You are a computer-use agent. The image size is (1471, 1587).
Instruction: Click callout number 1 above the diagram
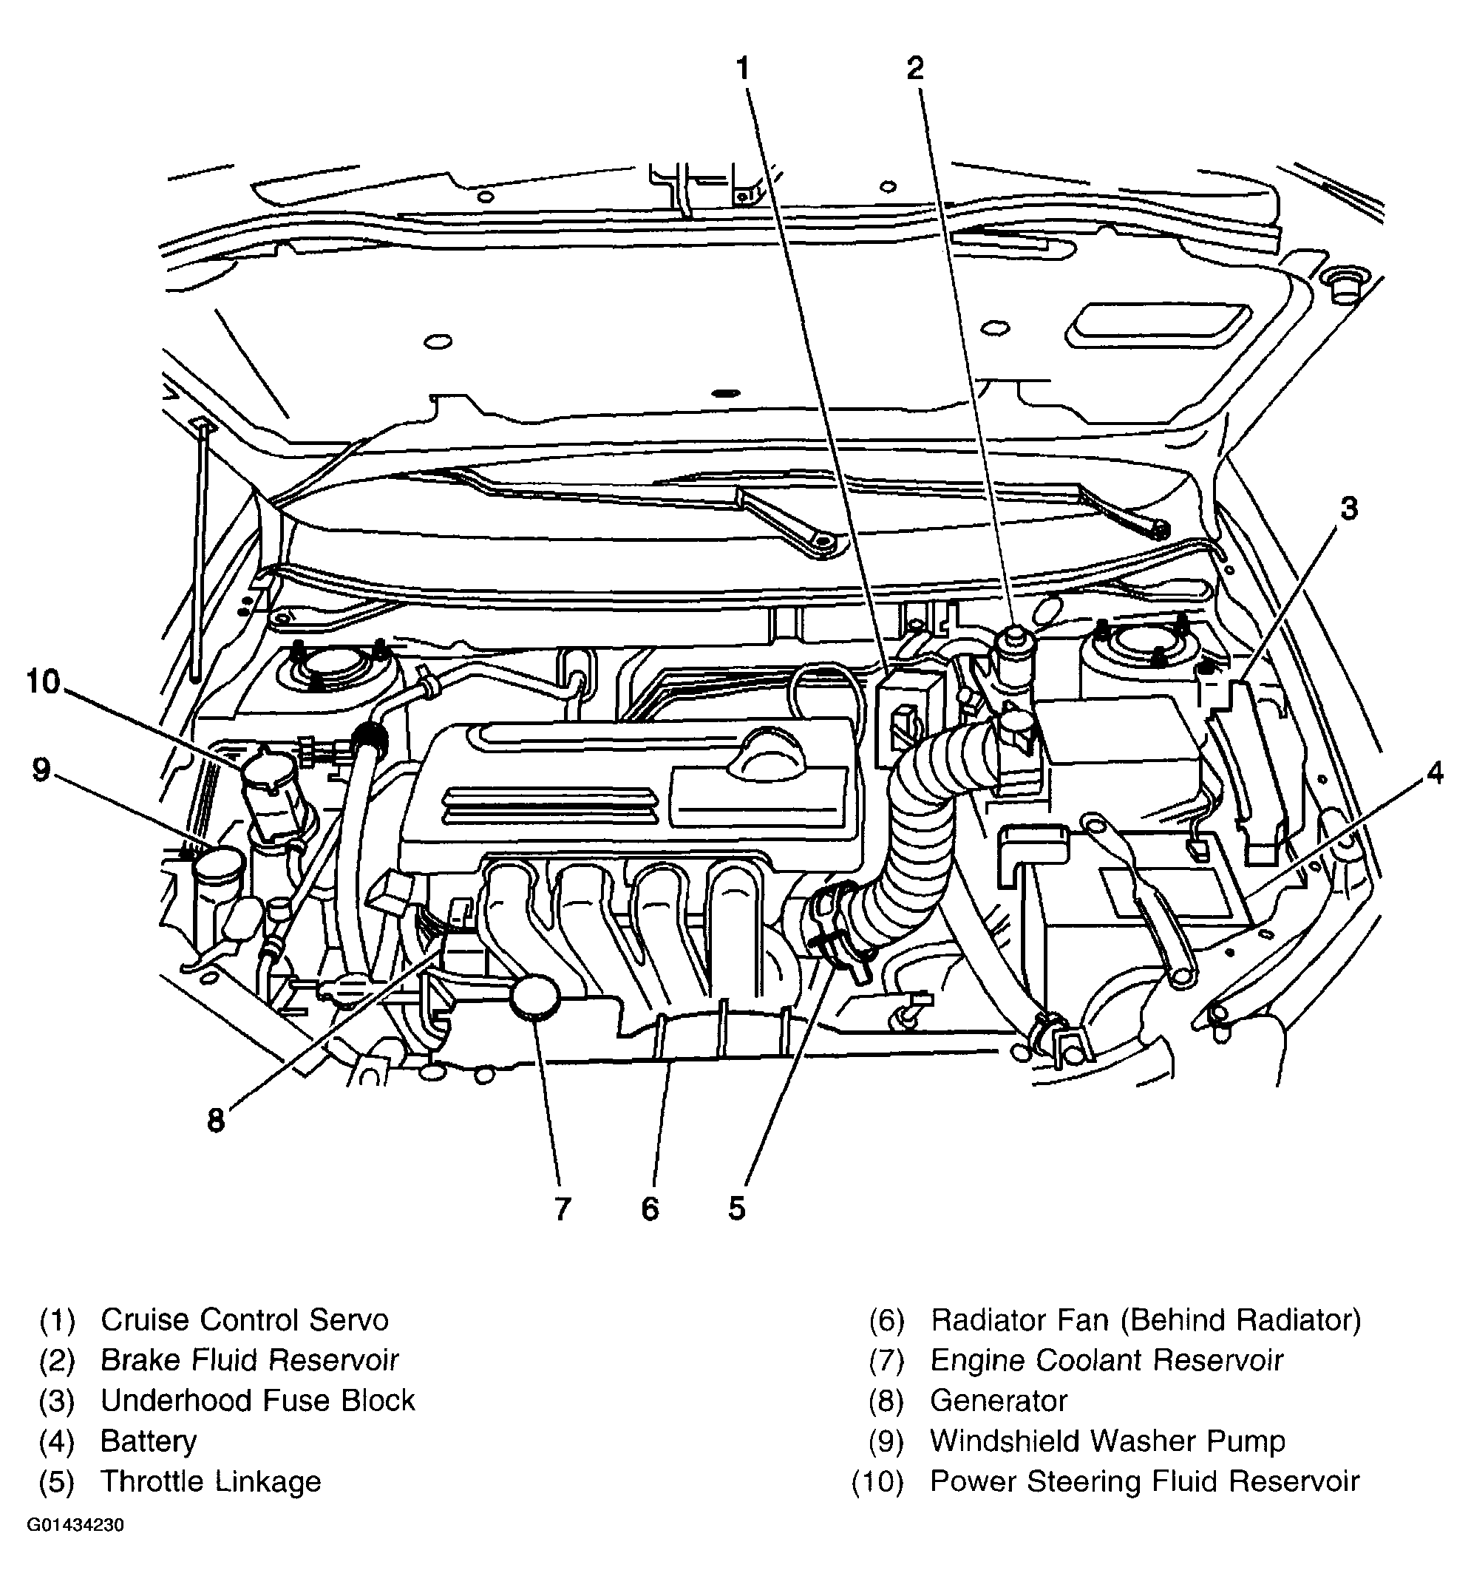[x=743, y=69]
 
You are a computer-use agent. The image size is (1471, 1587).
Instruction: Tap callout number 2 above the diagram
[x=915, y=69]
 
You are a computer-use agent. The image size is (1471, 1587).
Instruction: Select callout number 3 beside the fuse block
[x=1348, y=509]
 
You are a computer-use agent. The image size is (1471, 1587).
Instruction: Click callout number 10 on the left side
[x=43, y=682]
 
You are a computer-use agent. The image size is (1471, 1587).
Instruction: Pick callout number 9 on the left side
[x=41, y=769]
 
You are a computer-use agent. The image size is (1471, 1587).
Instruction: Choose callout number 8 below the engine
[x=216, y=1121]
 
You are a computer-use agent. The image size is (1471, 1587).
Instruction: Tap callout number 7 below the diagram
[x=563, y=1210]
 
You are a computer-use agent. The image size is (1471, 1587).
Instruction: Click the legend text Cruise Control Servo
[x=245, y=1320]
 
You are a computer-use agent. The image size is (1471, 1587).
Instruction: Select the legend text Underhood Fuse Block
[x=257, y=1401]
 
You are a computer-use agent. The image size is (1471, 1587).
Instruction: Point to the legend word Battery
[x=148, y=1441]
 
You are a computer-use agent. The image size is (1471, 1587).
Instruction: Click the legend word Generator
[x=998, y=1401]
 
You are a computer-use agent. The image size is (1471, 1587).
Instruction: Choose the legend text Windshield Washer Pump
[x=1107, y=1441]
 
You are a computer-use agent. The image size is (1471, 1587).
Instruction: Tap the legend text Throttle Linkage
[x=210, y=1482]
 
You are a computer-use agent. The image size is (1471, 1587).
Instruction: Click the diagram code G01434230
[x=75, y=1548]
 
